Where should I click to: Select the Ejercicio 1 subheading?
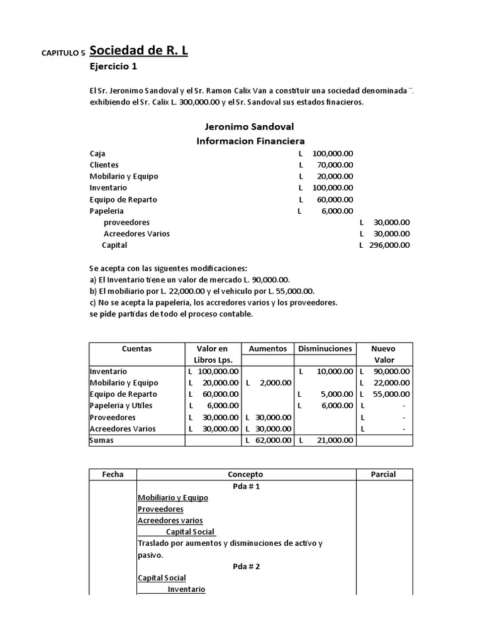pyautogui.click(x=113, y=66)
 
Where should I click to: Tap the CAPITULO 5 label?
pyautogui.click(x=63, y=53)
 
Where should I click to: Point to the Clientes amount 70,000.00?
pyautogui.click(x=332, y=165)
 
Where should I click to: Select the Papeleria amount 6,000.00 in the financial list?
pyautogui.click(x=336, y=211)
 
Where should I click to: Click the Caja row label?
pyautogui.click(x=97, y=153)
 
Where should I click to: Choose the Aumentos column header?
pyautogui.click(x=268, y=348)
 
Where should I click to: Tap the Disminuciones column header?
pyautogui.click(x=325, y=348)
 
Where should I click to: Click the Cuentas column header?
pyautogui.click(x=136, y=348)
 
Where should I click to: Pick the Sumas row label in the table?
pyautogui.click(x=102, y=440)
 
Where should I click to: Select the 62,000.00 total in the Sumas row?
pyautogui.click(x=272, y=440)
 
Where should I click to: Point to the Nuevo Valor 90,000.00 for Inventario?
pyautogui.click(x=389, y=372)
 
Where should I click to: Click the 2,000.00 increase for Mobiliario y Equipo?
pyautogui.click(x=274, y=383)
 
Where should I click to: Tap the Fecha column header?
pyautogui.click(x=113, y=474)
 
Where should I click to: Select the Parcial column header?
pyautogui.click(x=384, y=474)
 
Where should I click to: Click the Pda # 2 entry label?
pyautogui.click(x=246, y=566)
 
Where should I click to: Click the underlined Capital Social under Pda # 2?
pyautogui.click(x=162, y=578)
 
